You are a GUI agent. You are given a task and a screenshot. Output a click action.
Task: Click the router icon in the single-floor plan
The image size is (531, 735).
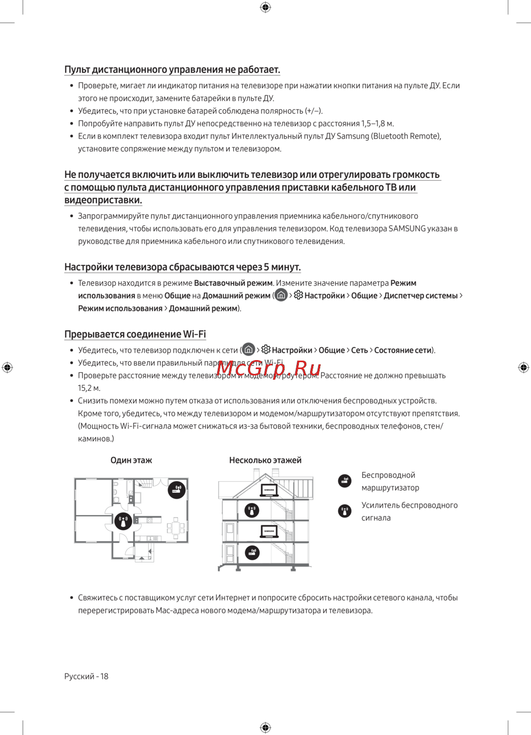(x=177, y=489)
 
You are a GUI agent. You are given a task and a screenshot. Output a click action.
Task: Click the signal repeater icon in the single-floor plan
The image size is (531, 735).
(x=124, y=522)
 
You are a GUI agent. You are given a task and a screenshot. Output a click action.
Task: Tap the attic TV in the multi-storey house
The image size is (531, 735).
(x=269, y=490)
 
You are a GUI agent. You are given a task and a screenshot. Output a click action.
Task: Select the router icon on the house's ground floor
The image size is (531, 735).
(x=252, y=553)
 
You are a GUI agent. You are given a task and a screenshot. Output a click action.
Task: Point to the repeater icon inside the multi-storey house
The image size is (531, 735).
(x=252, y=511)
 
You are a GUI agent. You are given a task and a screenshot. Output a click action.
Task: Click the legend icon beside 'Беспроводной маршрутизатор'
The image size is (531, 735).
(x=345, y=481)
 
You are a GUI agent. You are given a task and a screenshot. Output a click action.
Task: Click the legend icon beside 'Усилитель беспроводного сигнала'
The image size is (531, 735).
(x=345, y=511)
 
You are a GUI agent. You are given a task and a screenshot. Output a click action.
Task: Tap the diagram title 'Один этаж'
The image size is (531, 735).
(x=131, y=460)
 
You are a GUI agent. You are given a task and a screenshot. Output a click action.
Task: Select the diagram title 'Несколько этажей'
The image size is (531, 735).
(x=265, y=460)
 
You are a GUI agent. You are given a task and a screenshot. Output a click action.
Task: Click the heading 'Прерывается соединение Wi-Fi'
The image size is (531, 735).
(x=135, y=334)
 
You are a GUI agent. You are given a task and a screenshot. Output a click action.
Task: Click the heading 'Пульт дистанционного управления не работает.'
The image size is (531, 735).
(x=172, y=70)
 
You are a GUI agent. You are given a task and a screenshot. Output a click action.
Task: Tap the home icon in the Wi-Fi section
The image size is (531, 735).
(x=249, y=349)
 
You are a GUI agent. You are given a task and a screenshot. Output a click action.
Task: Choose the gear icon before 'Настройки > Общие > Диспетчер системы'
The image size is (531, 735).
(x=298, y=295)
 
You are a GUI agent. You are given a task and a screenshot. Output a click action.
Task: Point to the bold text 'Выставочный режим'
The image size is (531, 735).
(x=233, y=283)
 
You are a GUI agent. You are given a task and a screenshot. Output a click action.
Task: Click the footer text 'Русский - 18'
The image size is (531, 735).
(x=86, y=676)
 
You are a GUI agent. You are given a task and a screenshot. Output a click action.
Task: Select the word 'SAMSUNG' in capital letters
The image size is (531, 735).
(x=407, y=229)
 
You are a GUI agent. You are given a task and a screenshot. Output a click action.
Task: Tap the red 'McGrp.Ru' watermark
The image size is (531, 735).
(x=269, y=368)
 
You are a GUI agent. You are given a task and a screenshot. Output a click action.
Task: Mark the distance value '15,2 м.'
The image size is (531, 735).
(x=89, y=388)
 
